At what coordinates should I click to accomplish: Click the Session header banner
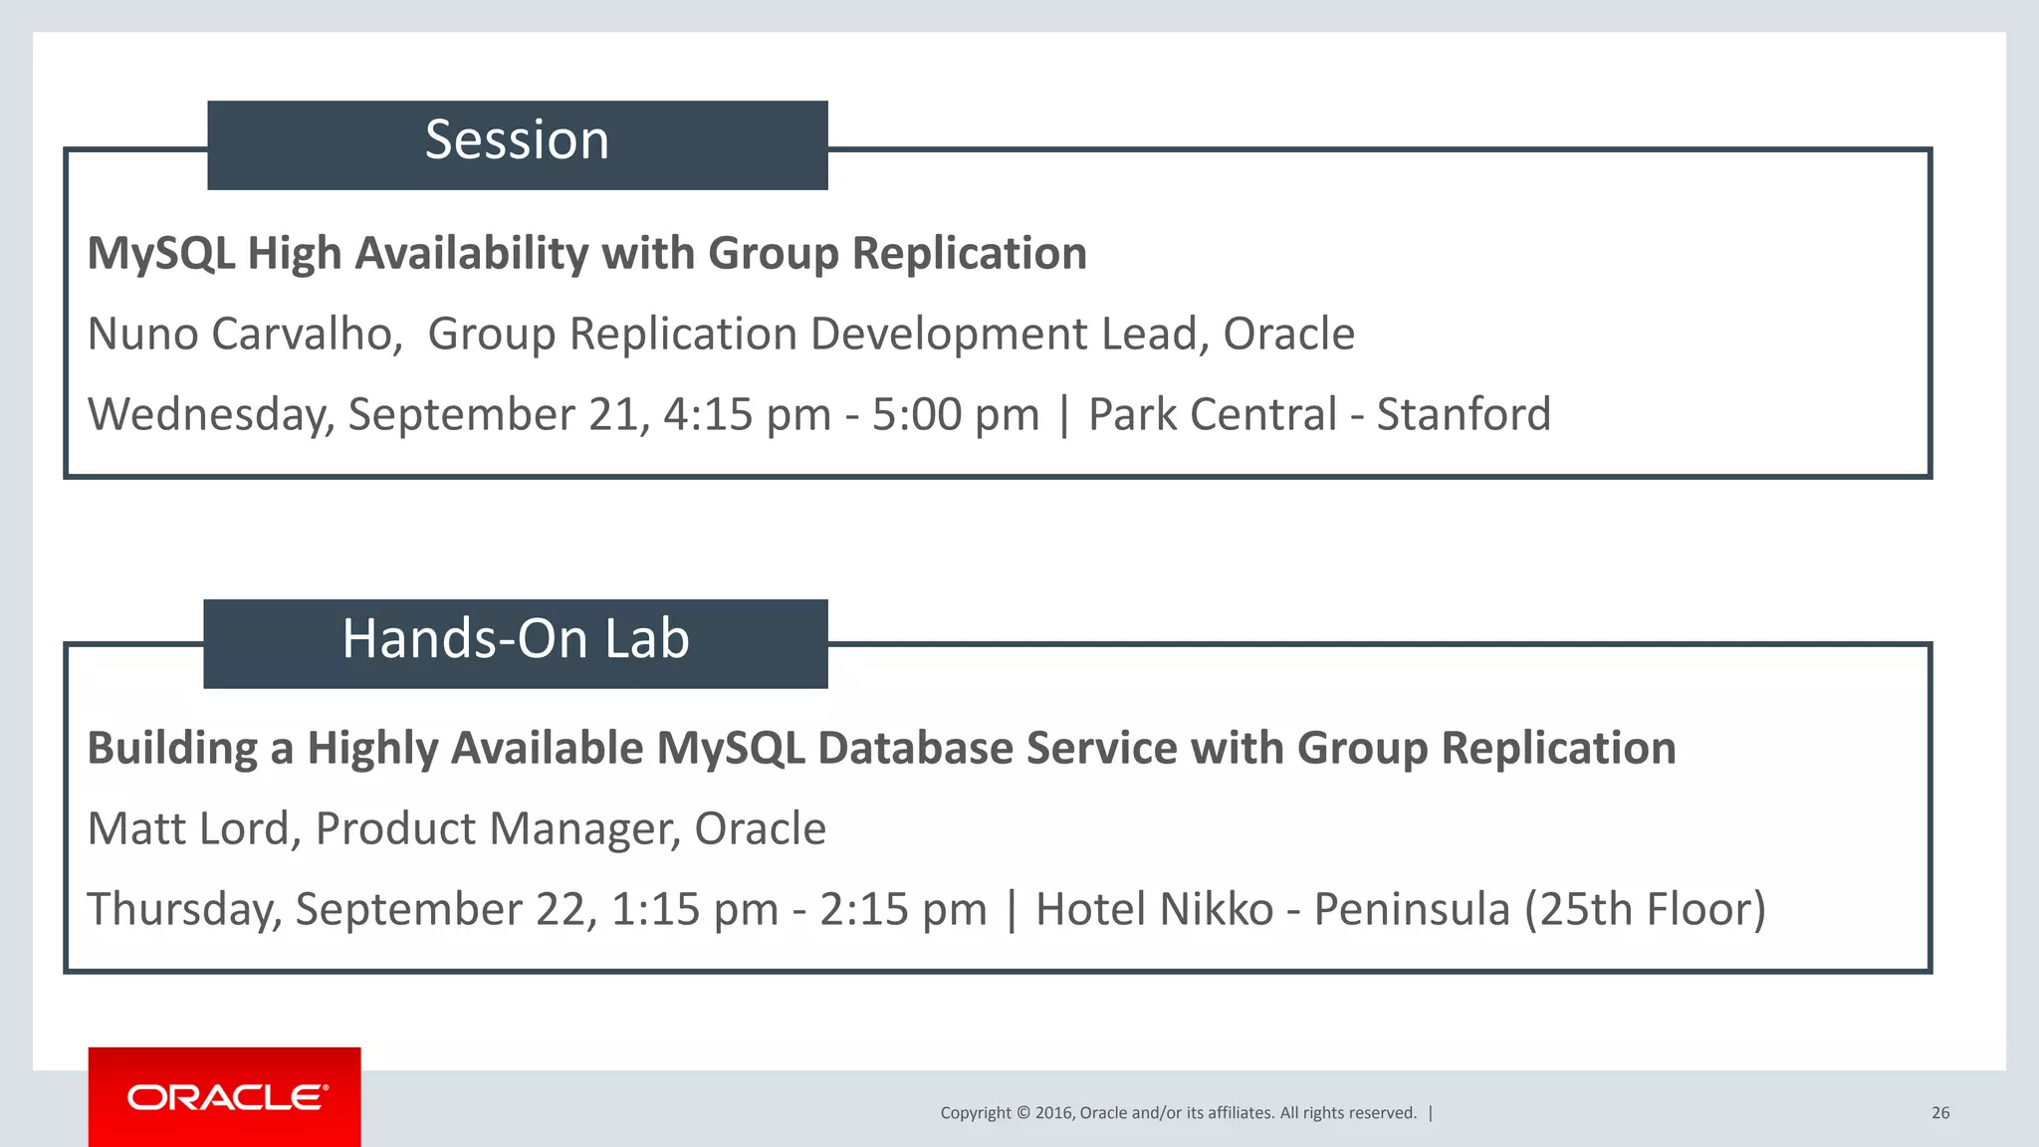(x=517, y=144)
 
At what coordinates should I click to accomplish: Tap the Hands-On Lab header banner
(x=515, y=643)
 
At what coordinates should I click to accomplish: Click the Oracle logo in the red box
(x=226, y=1097)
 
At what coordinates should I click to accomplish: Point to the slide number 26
(x=1939, y=1113)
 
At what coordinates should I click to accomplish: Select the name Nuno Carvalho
(x=243, y=335)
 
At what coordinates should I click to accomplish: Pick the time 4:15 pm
(x=747, y=415)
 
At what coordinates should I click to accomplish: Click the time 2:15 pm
(x=902, y=910)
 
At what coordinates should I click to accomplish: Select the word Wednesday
(x=210, y=415)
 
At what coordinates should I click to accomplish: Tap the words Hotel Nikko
(x=1154, y=910)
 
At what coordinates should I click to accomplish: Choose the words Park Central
(x=1212, y=415)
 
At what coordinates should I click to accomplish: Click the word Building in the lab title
(x=172, y=749)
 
